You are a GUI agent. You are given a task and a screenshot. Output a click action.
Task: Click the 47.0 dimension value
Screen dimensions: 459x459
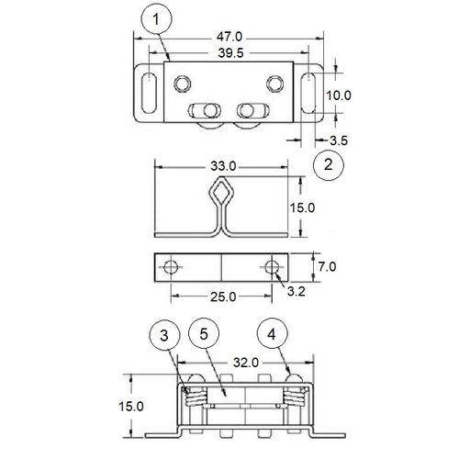pyautogui.click(x=229, y=37)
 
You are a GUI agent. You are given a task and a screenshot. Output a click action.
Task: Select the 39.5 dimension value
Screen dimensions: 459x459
pyautogui.click(x=230, y=53)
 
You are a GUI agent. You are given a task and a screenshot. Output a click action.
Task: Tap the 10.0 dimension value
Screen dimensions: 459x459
pyautogui.click(x=338, y=95)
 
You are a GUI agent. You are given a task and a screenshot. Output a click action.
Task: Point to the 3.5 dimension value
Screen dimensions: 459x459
pyautogui.click(x=339, y=140)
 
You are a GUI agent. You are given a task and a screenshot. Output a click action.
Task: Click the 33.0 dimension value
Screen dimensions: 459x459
pyautogui.click(x=223, y=166)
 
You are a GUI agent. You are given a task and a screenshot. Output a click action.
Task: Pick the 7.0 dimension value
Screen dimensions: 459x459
pyautogui.click(x=327, y=267)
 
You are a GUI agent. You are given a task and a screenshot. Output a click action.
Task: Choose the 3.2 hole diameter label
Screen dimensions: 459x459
pyautogui.click(x=296, y=292)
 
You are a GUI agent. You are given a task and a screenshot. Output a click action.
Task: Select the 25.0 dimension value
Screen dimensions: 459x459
pyautogui.click(x=223, y=297)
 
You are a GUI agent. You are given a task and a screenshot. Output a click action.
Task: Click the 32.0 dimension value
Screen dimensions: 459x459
pyautogui.click(x=246, y=363)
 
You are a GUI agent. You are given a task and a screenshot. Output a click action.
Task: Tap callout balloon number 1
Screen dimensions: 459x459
pyautogui.click(x=156, y=19)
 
